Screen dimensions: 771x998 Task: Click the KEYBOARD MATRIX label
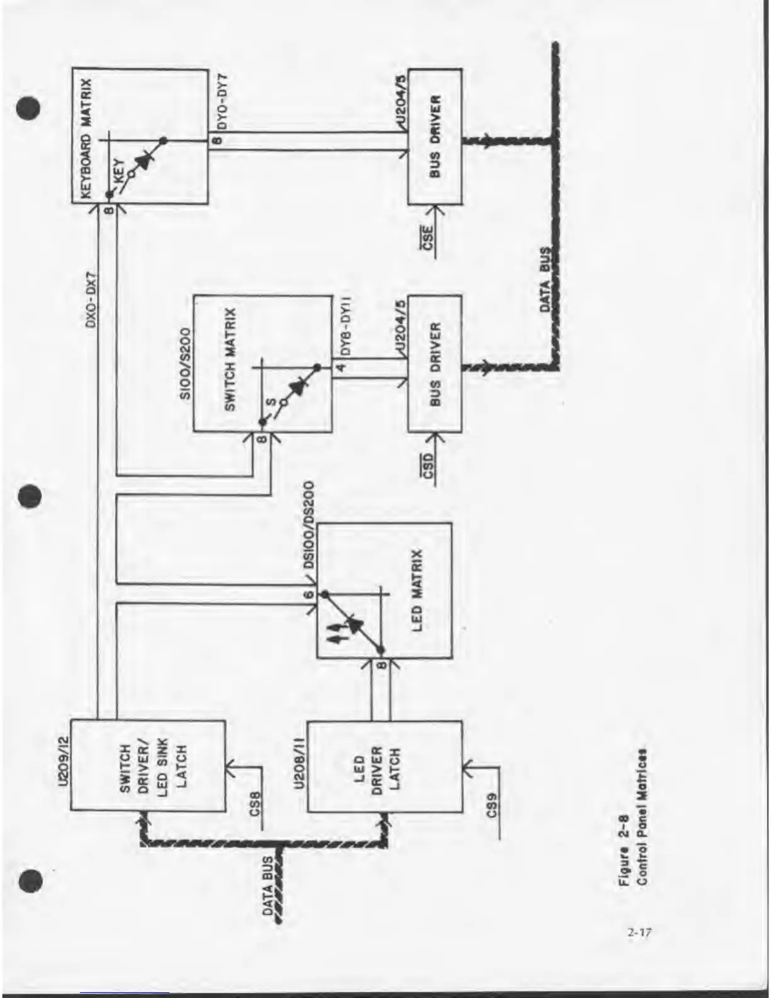[x=86, y=138]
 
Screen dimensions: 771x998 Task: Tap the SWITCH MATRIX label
[x=231, y=360]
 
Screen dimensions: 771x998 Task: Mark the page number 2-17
[x=638, y=931]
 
